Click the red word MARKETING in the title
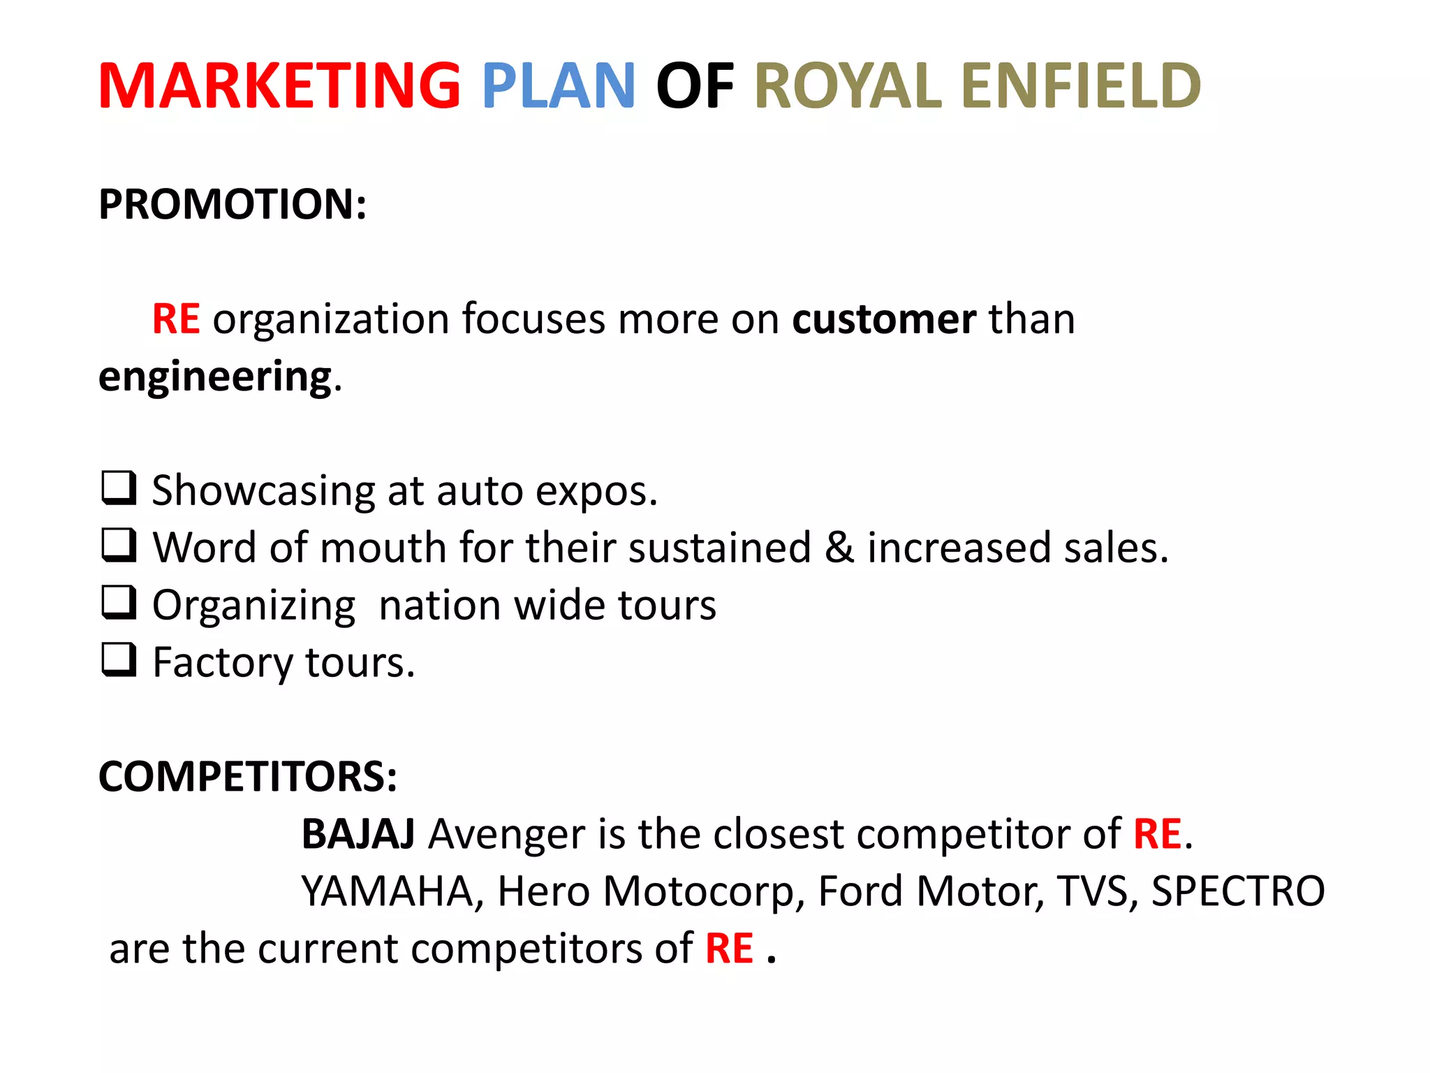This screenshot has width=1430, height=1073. click(279, 86)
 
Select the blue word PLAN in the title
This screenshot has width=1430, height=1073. click(558, 86)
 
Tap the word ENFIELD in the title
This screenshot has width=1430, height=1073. click(1081, 86)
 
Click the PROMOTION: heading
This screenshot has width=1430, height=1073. click(233, 204)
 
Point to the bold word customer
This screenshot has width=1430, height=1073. click(884, 319)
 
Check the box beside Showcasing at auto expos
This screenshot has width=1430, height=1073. click(119, 488)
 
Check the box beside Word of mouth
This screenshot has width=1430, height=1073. click(119, 545)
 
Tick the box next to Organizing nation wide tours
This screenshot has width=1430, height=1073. click(119, 602)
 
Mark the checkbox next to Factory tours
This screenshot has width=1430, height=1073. click(119, 659)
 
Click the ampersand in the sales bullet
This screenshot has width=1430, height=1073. click(839, 547)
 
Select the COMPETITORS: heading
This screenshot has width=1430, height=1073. click(248, 776)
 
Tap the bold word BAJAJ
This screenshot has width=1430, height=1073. click(358, 833)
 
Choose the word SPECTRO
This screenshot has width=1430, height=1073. click(1237, 891)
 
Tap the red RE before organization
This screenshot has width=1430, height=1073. click(176, 319)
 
